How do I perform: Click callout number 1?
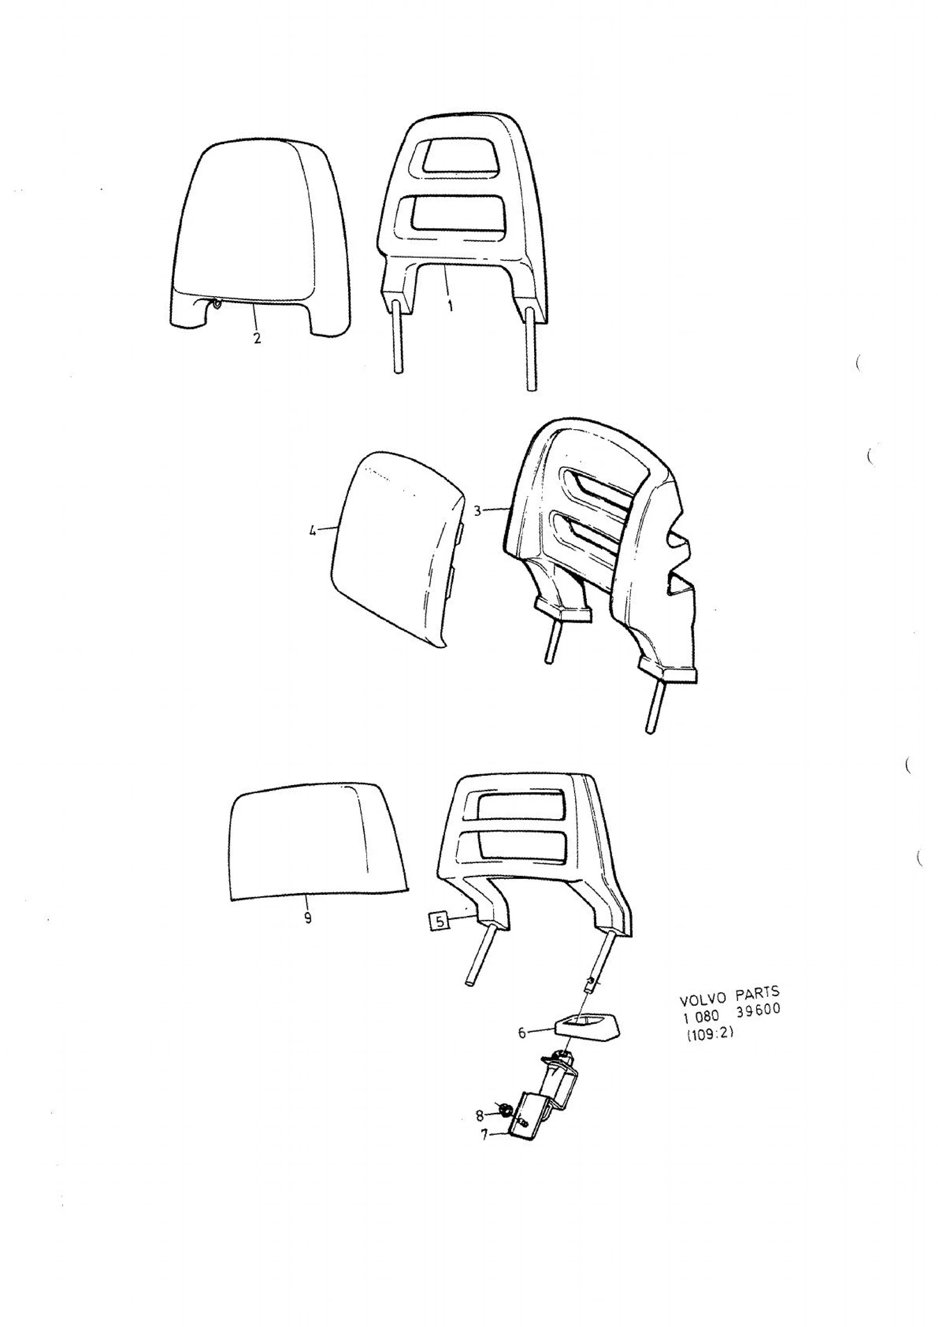[x=450, y=306]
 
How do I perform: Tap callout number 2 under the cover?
[x=257, y=338]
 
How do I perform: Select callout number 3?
[x=477, y=511]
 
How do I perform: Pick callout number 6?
[x=522, y=1033]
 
